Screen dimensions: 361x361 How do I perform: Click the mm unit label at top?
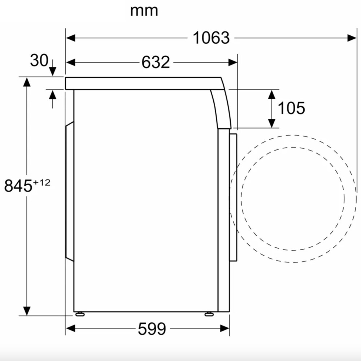(144, 11)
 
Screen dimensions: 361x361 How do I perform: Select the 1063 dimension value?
(211, 38)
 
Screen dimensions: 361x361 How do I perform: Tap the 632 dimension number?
(156, 62)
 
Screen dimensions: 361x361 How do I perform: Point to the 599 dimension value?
(152, 329)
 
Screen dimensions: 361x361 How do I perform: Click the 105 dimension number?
(291, 108)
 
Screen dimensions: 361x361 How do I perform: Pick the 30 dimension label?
(39, 60)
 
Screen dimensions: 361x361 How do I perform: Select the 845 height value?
(18, 186)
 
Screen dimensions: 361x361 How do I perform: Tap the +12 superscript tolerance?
(42, 183)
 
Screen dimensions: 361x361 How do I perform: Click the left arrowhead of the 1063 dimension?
(70, 38)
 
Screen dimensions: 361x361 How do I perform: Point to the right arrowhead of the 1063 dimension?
(352, 38)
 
